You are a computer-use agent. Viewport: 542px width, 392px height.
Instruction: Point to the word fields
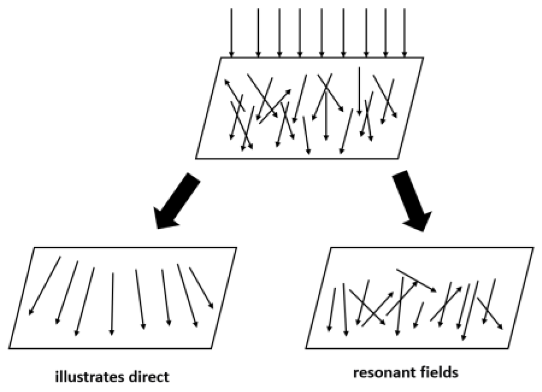click(x=440, y=372)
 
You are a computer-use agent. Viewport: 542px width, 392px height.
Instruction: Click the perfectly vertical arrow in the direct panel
click(x=112, y=303)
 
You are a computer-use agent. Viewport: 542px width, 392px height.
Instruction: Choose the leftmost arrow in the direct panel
click(x=45, y=285)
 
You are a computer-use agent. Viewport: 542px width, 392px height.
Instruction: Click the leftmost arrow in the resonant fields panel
click(x=331, y=309)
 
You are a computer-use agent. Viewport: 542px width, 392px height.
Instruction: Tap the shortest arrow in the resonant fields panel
click(x=418, y=315)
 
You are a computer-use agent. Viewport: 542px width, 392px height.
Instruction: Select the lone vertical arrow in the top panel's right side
click(x=359, y=91)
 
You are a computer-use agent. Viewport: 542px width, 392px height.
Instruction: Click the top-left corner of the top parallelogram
click(x=221, y=58)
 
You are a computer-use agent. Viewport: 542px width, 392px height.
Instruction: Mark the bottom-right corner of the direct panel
click(x=211, y=348)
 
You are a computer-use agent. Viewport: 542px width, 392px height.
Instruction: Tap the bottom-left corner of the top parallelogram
click(x=196, y=158)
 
